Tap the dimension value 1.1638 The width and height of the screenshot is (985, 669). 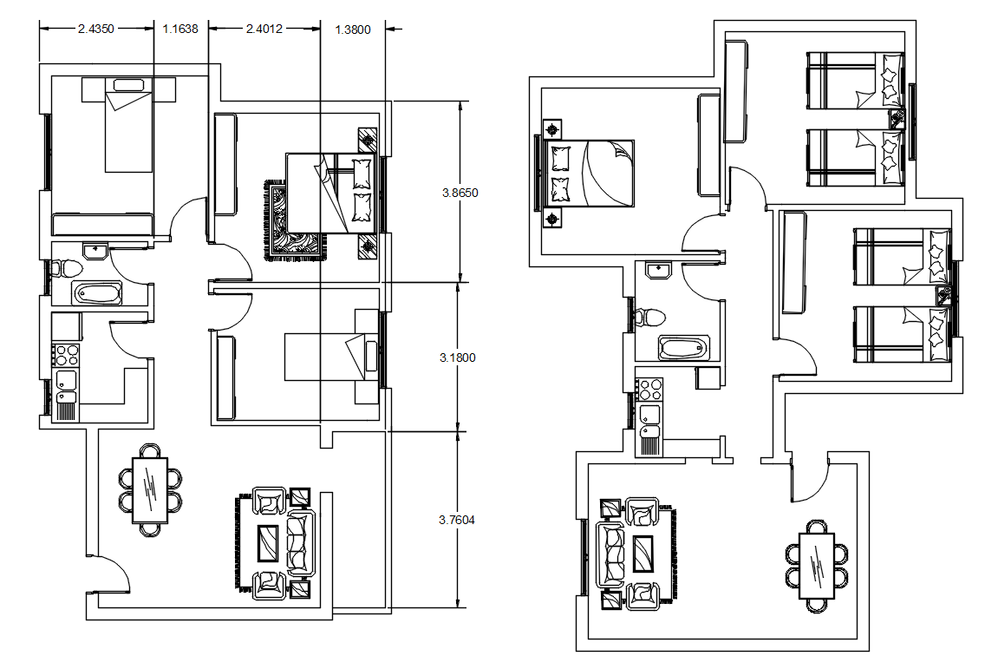click(x=180, y=29)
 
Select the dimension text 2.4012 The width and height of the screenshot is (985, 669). click(x=264, y=29)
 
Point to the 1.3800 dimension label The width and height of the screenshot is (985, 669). click(x=353, y=30)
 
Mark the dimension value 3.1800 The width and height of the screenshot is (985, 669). click(x=460, y=357)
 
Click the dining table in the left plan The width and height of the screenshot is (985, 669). click(x=150, y=489)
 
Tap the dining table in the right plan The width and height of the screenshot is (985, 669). click(x=816, y=566)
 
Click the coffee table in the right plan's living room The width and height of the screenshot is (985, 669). click(x=643, y=554)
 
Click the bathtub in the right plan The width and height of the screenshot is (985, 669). click(x=684, y=350)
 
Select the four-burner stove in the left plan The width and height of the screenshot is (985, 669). click(x=66, y=354)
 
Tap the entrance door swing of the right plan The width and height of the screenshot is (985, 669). click(x=810, y=482)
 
